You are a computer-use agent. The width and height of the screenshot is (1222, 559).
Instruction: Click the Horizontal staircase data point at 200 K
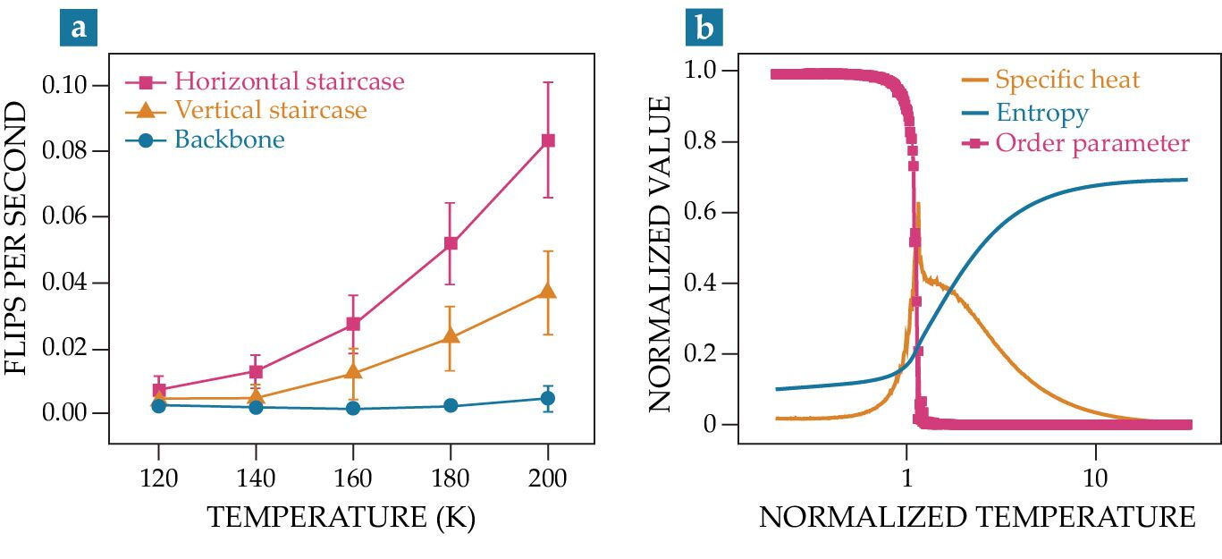[x=548, y=140]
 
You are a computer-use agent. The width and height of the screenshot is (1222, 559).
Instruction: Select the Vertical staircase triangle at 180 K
[x=451, y=335]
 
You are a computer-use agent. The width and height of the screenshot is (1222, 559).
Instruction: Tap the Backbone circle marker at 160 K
[x=353, y=408]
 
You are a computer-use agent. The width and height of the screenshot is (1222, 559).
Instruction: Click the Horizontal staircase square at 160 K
[x=353, y=324]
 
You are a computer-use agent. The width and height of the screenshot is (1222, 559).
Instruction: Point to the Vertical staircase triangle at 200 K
[x=548, y=291]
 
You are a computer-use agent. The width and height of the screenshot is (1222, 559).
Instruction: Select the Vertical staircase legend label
[x=271, y=110]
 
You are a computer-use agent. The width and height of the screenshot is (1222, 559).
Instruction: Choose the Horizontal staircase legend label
[x=290, y=80]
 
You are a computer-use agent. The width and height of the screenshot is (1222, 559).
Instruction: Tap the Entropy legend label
[x=1042, y=113]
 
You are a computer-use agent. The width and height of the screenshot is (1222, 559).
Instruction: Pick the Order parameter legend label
[x=1092, y=144]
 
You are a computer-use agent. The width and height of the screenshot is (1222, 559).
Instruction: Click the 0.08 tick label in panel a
[x=64, y=150]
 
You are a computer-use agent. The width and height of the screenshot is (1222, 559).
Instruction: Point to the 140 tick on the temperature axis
[x=256, y=479]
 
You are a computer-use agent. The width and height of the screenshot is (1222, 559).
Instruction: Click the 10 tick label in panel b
[x=1095, y=479]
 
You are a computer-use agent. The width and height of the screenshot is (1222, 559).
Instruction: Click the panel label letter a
[x=79, y=27]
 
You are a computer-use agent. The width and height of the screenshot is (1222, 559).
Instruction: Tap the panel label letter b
[x=704, y=27]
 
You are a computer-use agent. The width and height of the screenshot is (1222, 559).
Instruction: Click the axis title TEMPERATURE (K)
[x=341, y=517]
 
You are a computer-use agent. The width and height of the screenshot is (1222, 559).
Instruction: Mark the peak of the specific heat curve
[x=919, y=204]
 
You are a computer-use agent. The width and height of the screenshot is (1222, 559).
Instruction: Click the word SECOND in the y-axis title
[x=16, y=149]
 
